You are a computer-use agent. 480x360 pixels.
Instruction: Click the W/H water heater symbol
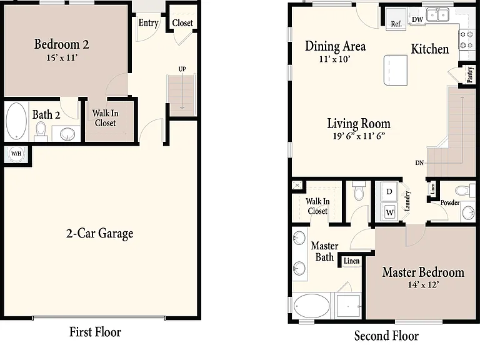(x=16, y=154)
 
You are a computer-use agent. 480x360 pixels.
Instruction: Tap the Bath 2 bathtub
(x=16, y=121)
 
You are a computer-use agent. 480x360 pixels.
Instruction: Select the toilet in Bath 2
(x=41, y=131)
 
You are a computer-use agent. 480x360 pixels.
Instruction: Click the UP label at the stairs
(x=182, y=69)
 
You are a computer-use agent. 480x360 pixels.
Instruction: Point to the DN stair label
(x=419, y=163)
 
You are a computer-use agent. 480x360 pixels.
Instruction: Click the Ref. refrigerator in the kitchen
(x=396, y=18)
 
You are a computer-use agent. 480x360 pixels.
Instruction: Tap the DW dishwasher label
(x=417, y=19)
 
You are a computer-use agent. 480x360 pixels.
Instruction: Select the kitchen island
(x=396, y=70)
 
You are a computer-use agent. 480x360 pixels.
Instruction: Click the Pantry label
(x=470, y=74)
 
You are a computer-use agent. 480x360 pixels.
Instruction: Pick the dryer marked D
(x=389, y=192)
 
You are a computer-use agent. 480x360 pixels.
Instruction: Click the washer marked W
(x=389, y=212)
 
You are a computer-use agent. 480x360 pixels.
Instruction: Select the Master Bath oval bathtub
(x=312, y=306)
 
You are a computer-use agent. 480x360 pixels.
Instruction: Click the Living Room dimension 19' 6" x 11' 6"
(x=359, y=136)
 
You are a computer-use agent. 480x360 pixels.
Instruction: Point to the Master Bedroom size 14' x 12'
(x=423, y=285)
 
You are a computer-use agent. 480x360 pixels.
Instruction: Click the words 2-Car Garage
(x=99, y=234)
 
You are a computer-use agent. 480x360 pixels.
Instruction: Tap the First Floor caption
(x=95, y=332)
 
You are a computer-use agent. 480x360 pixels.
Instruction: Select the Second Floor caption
(x=386, y=336)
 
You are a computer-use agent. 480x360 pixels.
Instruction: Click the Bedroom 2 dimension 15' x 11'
(x=62, y=57)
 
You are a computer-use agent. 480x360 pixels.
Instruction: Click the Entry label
(x=149, y=23)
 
